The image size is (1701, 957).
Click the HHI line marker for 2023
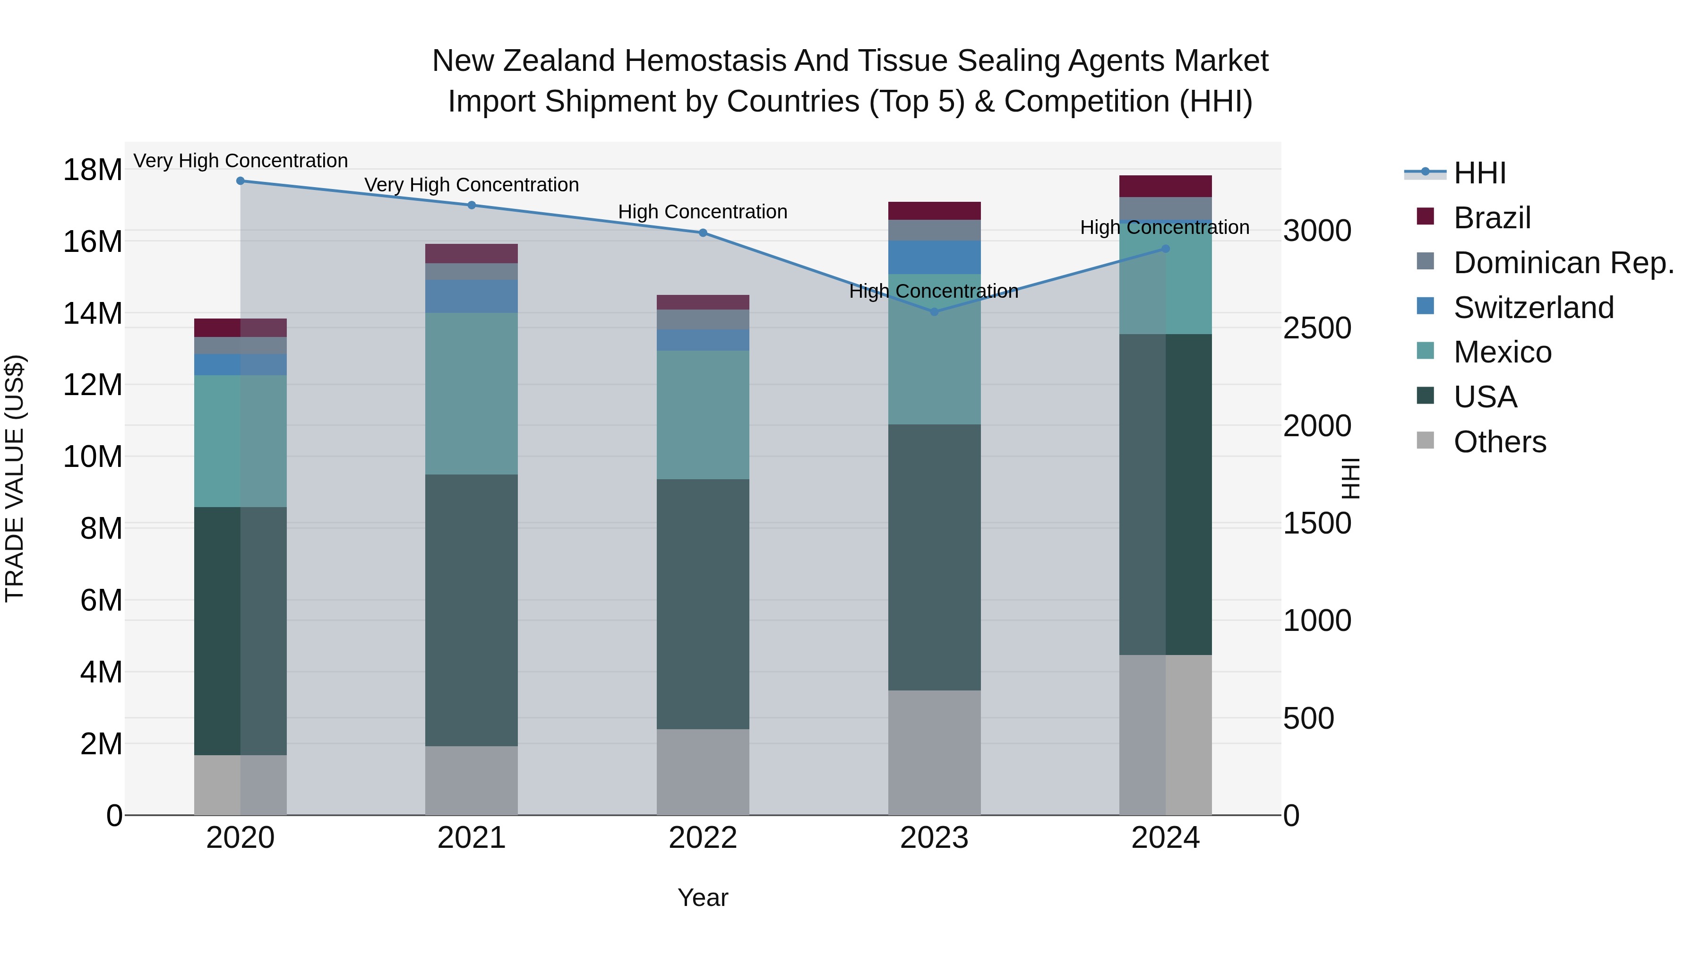click(x=934, y=312)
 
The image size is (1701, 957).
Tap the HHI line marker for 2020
click(x=241, y=181)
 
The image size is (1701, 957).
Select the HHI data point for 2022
click(x=703, y=233)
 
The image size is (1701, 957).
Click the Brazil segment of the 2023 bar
click(x=934, y=211)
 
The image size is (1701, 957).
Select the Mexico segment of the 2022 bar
click(x=703, y=415)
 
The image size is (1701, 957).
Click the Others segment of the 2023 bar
click(x=934, y=752)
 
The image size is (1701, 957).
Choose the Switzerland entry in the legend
click(x=1533, y=308)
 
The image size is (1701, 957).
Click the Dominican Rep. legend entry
click(x=1563, y=263)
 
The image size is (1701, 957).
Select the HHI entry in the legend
click(x=1479, y=173)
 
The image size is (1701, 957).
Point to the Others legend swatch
click(x=1426, y=440)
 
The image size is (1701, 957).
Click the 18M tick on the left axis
click(x=93, y=171)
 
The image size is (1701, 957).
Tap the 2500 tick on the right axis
click(x=1317, y=328)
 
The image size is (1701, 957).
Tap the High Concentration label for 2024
click(x=1164, y=228)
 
